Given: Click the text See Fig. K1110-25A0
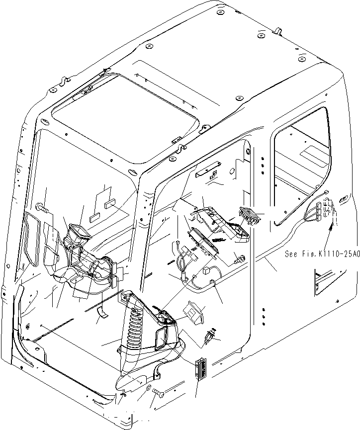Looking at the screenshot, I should point(322,254).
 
